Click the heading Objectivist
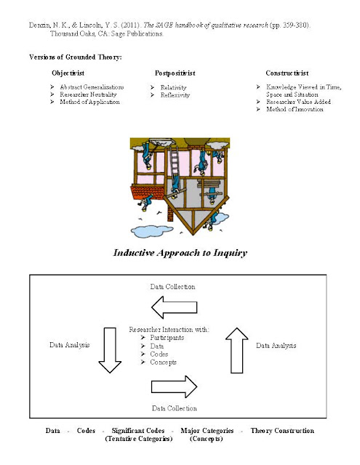[x=68, y=73]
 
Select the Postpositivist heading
[x=175, y=73]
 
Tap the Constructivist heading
[x=287, y=73]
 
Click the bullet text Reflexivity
[x=175, y=95]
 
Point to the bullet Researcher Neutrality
[x=88, y=94]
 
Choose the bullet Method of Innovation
[x=295, y=109]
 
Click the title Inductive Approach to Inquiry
[x=180, y=253]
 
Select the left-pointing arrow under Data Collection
[x=175, y=307]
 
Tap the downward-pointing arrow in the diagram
[x=110, y=350]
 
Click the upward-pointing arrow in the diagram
[x=237, y=350]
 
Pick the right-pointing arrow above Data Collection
[x=175, y=387]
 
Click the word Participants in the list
[x=167, y=338]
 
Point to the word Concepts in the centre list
[x=163, y=363]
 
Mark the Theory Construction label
[x=282, y=431]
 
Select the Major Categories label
[x=207, y=431]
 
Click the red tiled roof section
[x=148, y=192]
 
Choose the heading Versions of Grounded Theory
[x=76, y=57]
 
